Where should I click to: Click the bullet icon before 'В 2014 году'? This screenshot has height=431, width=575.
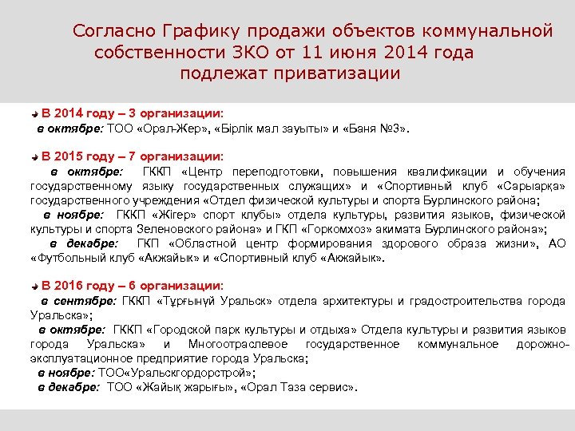click(34, 113)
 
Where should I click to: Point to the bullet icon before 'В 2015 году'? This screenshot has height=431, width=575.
click(34, 156)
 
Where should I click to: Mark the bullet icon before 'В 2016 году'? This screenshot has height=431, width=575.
click(34, 286)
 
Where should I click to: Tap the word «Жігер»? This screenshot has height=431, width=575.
click(173, 215)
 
